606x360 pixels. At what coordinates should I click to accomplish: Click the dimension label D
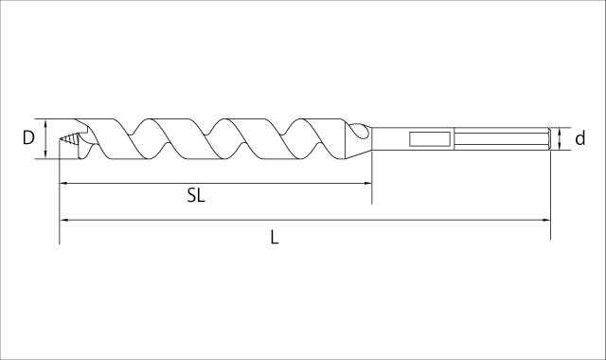[x=28, y=138]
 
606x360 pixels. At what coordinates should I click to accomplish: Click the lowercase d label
[x=580, y=138]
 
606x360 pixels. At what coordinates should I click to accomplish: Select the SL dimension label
[x=196, y=195]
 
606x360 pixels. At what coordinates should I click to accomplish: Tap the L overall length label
[x=275, y=237]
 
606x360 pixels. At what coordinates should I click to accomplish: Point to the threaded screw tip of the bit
[x=69, y=139]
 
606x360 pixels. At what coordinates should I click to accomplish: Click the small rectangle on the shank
[x=430, y=139]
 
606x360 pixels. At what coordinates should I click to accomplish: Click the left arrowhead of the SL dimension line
[x=63, y=183]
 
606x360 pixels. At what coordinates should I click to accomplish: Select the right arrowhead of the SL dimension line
[x=367, y=183]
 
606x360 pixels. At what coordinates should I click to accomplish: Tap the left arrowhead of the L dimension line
[x=63, y=220]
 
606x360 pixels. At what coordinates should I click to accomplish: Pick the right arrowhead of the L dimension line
[x=546, y=220]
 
